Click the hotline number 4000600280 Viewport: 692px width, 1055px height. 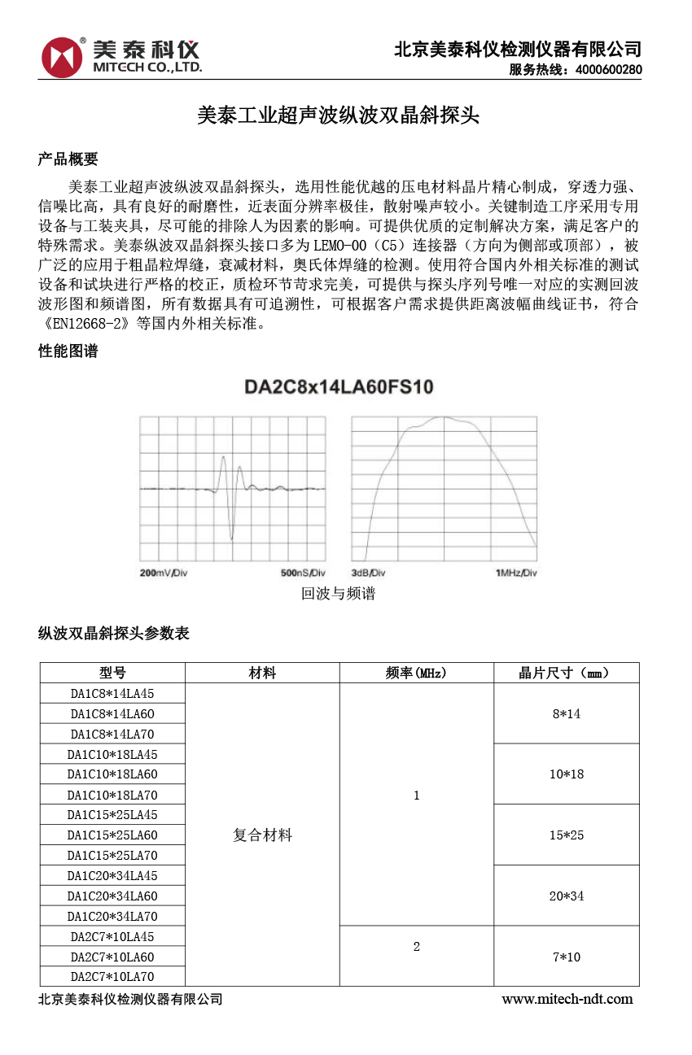coord(608,70)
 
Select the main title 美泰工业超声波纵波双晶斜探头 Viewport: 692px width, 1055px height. coord(339,116)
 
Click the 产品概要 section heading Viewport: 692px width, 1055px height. coord(68,159)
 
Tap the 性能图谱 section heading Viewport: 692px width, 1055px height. coord(68,351)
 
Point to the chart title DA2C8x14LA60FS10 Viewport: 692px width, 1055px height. coord(339,387)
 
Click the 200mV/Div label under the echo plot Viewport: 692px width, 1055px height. coord(164,573)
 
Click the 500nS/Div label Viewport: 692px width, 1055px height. coord(303,573)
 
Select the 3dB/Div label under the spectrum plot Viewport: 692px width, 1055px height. coord(368,573)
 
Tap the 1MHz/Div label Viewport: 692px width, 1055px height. coord(516,573)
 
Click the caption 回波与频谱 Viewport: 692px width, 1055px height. coord(339,594)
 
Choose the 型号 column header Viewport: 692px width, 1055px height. coord(112,673)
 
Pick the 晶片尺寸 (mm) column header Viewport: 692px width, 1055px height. coord(566,673)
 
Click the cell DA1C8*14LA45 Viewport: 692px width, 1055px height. coord(112,694)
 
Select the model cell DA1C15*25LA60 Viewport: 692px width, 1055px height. coord(112,835)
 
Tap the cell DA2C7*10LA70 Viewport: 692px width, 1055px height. coord(112,977)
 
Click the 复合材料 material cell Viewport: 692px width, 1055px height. coord(262,835)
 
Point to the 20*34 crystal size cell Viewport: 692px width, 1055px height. coord(566,896)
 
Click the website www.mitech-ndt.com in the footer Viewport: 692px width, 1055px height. coord(567,999)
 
